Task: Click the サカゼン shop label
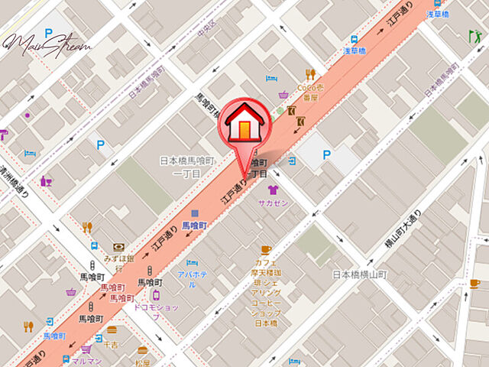tap(272, 203)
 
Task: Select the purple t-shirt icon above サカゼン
tap(273, 190)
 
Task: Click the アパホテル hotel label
tap(192, 274)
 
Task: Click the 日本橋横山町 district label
tap(361, 274)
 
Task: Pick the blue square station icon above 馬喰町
tap(196, 213)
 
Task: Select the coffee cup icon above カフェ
tap(266, 249)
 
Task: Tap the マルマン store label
tap(85, 361)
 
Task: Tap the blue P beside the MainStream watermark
tap(50, 33)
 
